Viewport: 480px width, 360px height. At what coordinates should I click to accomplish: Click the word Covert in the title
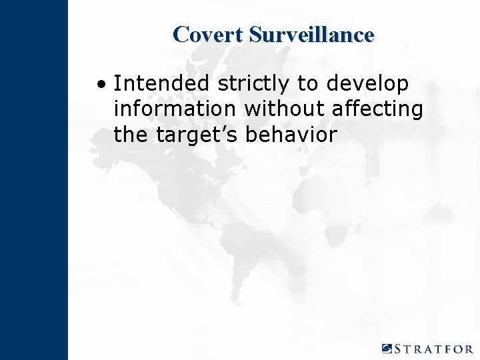coord(207,34)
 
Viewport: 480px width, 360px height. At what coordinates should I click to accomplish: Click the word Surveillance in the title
coord(311,34)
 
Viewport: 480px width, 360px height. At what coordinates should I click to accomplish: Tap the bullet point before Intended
coord(100,85)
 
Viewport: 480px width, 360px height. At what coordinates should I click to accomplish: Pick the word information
coord(175,109)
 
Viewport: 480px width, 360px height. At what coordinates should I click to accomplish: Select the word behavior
coord(291,134)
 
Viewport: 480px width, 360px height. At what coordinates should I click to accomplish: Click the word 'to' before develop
coord(308,85)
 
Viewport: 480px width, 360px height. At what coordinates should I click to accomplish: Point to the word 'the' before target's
coord(131,134)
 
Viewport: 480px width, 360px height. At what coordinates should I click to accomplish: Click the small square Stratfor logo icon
coord(387,348)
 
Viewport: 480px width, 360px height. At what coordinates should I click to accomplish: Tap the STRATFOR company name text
coord(434,349)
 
